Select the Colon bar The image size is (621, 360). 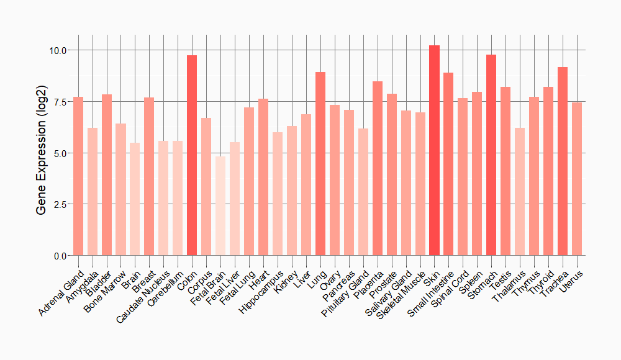(192, 155)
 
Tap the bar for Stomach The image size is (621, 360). (491, 155)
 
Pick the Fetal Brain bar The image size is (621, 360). (220, 205)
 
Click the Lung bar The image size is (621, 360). (320, 164)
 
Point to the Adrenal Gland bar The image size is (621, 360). (78, 176)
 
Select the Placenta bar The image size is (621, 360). (378, 168)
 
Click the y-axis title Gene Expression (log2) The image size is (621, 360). (41, 153)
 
